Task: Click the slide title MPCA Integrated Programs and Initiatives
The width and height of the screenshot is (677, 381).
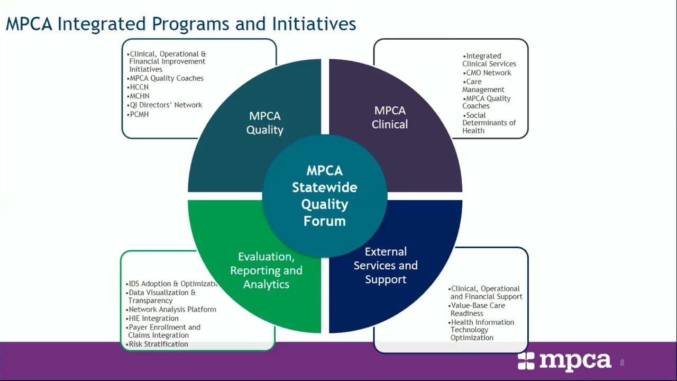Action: (x=181, y=24)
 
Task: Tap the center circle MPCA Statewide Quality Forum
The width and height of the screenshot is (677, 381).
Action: (x=324, y=196)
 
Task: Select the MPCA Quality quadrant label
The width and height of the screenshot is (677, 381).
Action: (x=264, y=123)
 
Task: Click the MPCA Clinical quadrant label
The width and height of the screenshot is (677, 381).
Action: (x=390, y=117)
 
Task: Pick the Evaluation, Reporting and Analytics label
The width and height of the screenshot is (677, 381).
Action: (x=266, y=270)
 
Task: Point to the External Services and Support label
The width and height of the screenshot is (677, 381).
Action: (x=386, y=265)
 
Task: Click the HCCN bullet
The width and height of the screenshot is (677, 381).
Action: (x=139, y=87)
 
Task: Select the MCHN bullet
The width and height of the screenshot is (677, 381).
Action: (x=139, y=96)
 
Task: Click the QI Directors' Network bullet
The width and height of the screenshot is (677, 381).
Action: (x=165, y=105)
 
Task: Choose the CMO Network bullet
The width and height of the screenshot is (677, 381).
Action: (x=487, y=73)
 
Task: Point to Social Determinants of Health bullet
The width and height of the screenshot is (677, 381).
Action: (x=489, y=123)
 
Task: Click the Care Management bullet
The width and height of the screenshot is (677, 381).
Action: (x=483, y=86)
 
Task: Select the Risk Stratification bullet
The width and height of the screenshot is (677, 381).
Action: (x=157, y=344)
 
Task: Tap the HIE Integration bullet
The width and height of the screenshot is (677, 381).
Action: (x=153, y=319)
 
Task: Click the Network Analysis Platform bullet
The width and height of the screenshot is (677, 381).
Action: (x=171, y=310)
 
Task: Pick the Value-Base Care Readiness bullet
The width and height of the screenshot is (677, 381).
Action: (x=477, y=310)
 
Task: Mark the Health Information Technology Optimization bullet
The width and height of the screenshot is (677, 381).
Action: (x=481, y=330)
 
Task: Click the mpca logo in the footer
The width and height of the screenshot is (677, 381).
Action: (x=564, y=361)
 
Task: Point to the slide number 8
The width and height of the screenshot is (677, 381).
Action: (x=622, y=362)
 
